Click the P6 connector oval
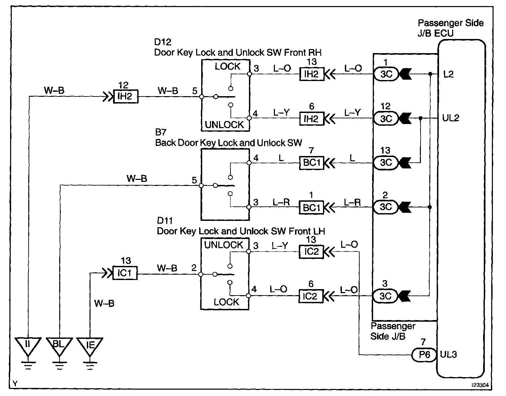(x=424, y=355)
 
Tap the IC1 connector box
(x=125, y=273)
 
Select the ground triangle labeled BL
(x=59, y=347)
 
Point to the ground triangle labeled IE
(x=90, y=347)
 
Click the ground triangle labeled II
(x=28, y=347)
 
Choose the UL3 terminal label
(x=448, y=355)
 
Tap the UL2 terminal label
(x=450, y=118)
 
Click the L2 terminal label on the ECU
(x=448, y=74)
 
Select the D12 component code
(x=163, y=42)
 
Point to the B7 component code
(x=161, y=132)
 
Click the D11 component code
(x=165, y=221)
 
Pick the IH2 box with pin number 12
(x=125, y=96)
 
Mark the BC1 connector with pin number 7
(x=312, y=163)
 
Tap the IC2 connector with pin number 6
(x=311, y=296)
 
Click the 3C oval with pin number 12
(x=386, y=119)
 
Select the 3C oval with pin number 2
(x=386, y=207)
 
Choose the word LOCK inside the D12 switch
(x=227, y=67)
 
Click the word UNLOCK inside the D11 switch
(x=223, y=245)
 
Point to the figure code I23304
(x=480, y=385)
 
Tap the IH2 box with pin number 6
(x=312, y=119)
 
